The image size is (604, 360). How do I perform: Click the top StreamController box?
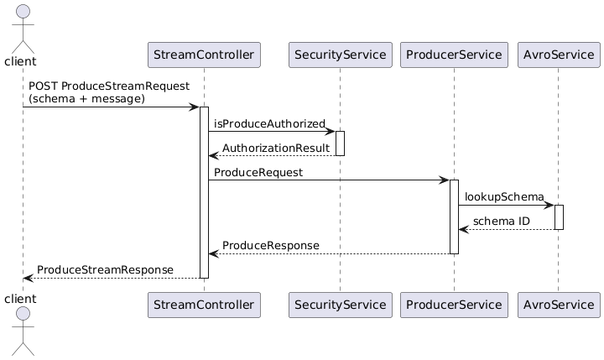(x=204, y=55)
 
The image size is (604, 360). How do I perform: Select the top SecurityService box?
(x=340, y=55)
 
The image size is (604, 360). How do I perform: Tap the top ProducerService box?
(x=454, y=55)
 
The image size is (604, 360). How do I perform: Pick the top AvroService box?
(x=558, y=55)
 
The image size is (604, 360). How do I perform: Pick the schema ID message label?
(x=502, y=221)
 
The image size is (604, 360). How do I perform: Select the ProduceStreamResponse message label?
(x=105, y=269)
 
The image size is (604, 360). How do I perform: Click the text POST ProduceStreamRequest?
(x=108, y=86)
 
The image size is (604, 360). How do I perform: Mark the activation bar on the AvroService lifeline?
(x=559, y=217)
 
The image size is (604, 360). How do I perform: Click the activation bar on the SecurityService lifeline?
(x=340, y=143)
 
